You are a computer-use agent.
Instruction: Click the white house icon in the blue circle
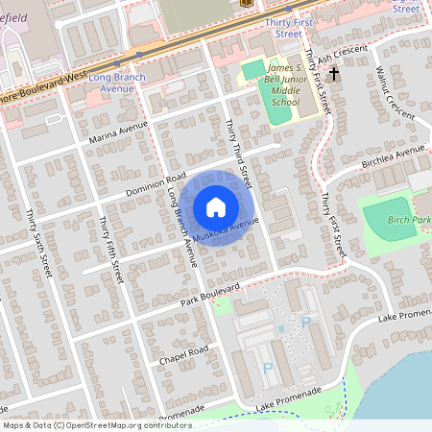(x=216, y=206)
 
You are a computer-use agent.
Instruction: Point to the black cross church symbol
(x=334, y=73)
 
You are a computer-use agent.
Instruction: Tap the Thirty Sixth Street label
(x=39, y=244)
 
